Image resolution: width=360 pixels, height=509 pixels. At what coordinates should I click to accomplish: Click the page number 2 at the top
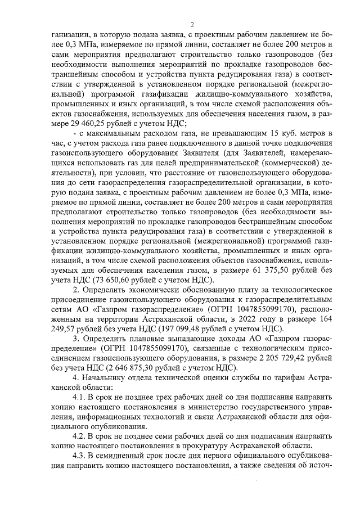click(191, 24)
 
